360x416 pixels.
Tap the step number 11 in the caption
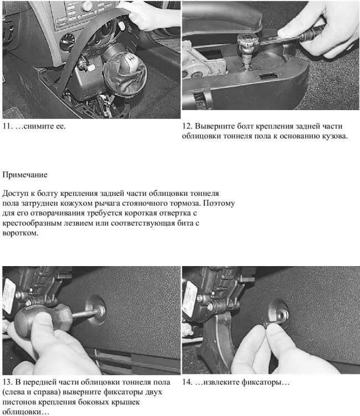pyautogui.click(x=7, y=126)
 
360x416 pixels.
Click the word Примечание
pyautogui.click(x=25, y=175)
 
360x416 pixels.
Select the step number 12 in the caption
pyautogui.click(x=187, y=126)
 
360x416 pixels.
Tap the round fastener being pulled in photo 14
pyautogui.click(x=279, y=314)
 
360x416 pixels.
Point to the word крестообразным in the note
pyautogui.click(x=32, y=223)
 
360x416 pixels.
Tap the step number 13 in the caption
pyautogui.click(x=7, y=383)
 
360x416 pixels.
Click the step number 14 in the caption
pyautogui.click(x=187, y=383)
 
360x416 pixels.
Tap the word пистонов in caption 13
pyautogui.click(x=19, y=403)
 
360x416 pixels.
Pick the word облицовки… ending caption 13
pyautogui.click(x=26, y=412)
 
